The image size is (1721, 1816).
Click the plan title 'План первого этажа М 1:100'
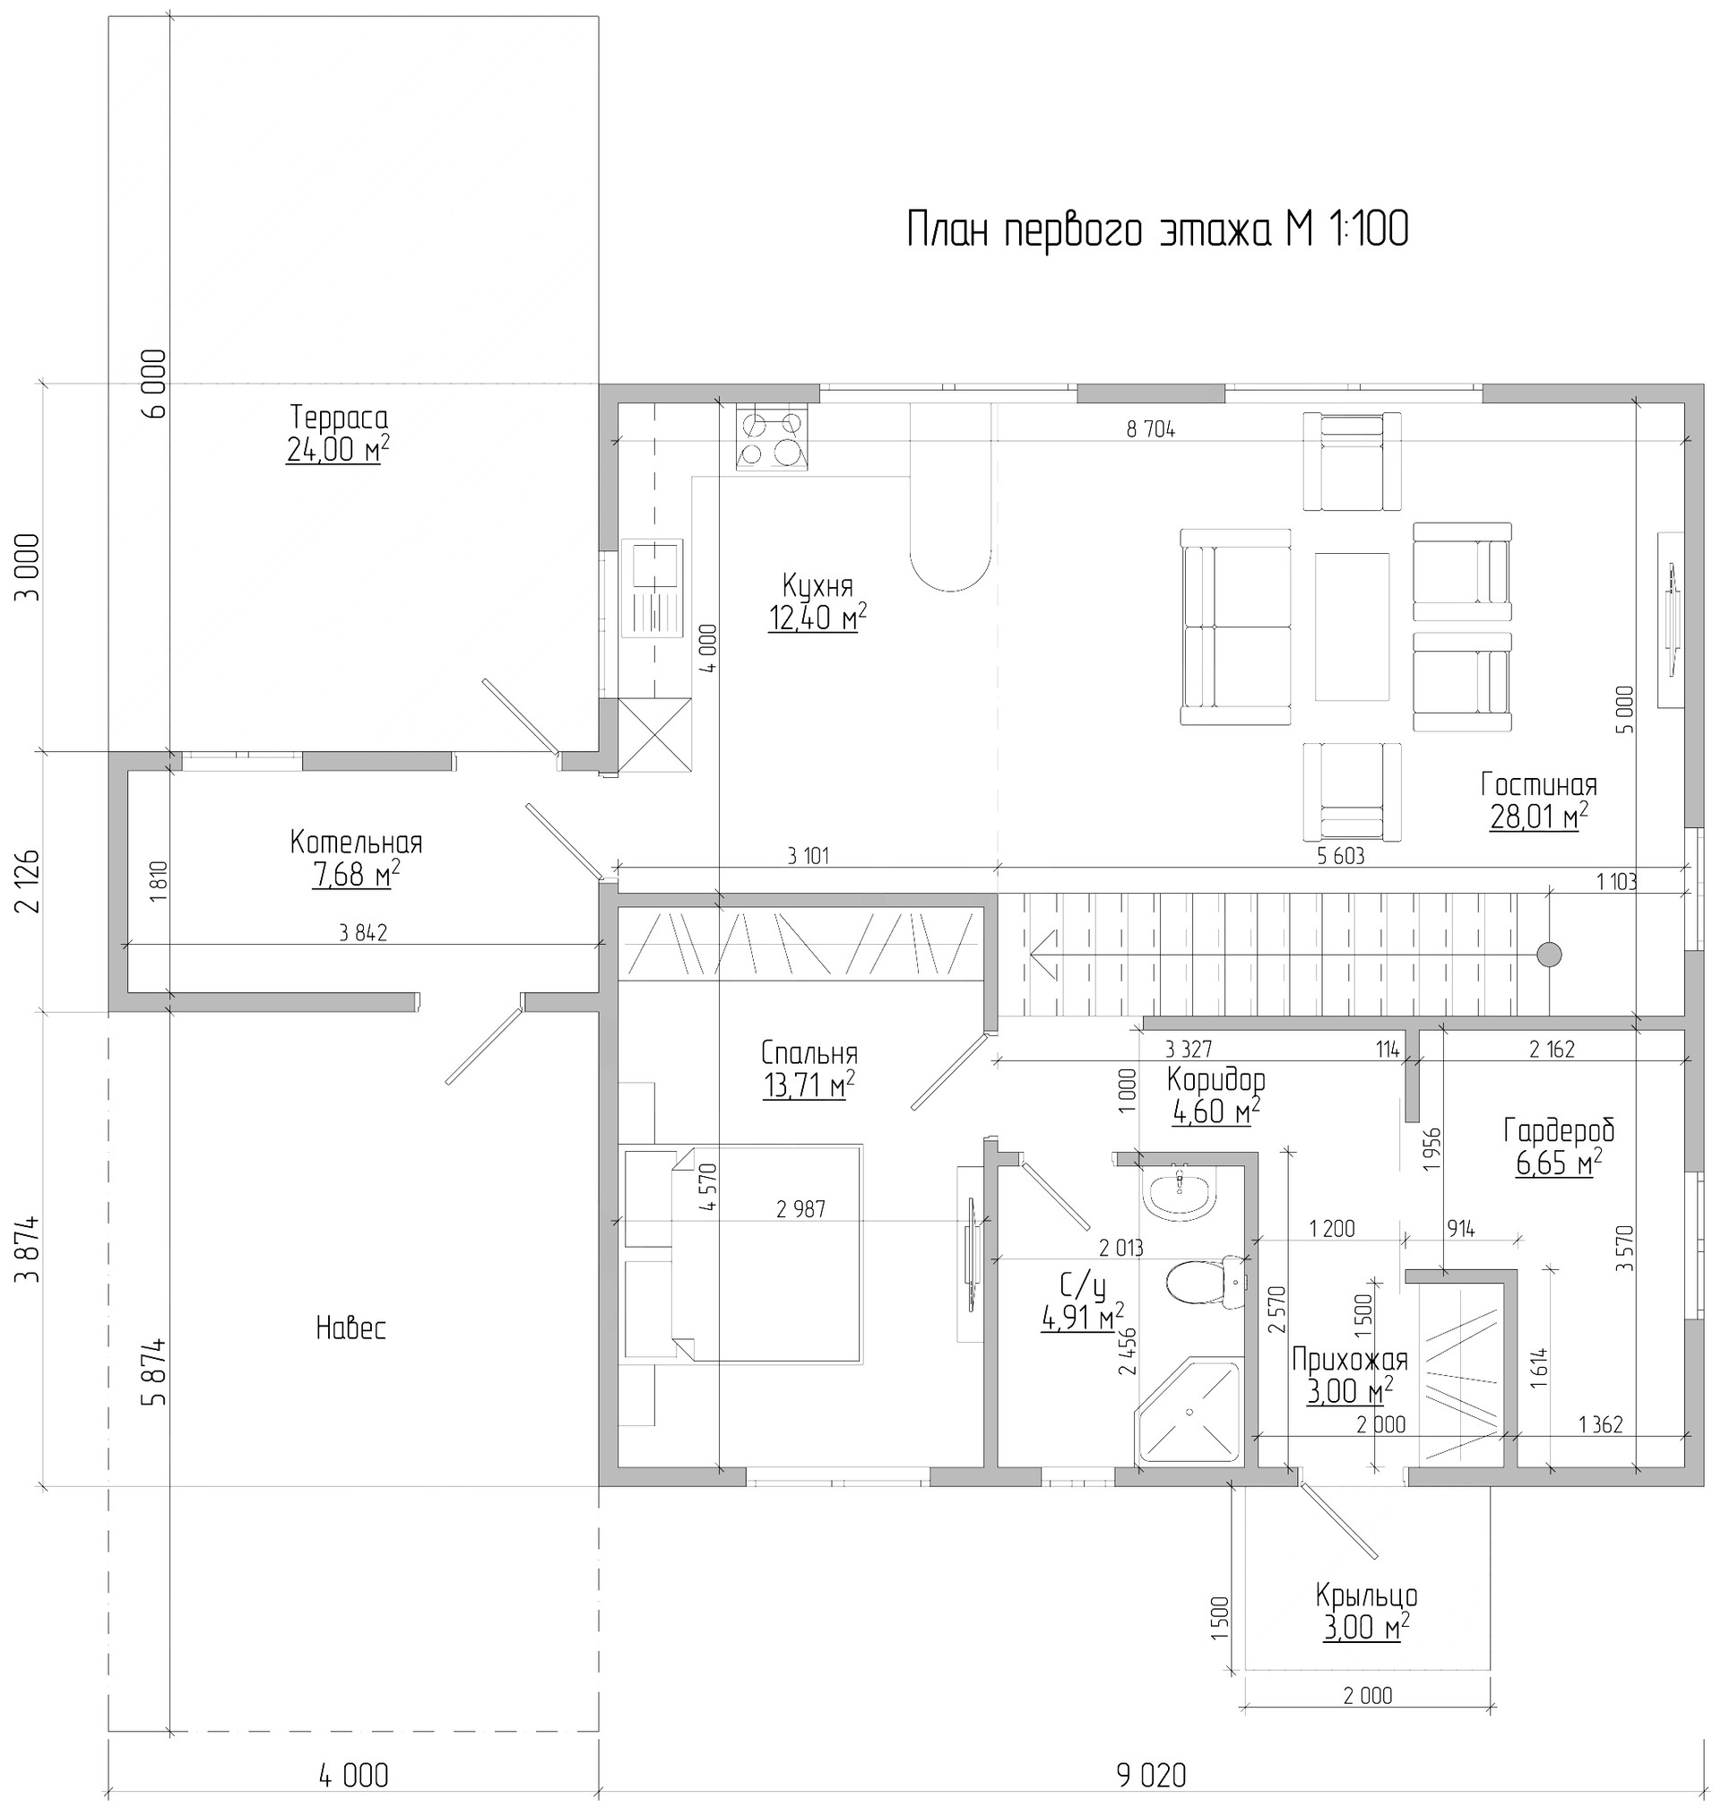(1157, 229)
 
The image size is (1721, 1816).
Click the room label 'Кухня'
(817, 584)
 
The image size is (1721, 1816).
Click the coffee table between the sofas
(1352, 626)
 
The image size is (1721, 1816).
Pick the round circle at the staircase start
(1549, 955)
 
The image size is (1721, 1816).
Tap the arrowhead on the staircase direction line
(1044, 955)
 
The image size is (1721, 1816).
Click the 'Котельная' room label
(356, 842)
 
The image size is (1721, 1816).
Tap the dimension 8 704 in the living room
(1150, 428)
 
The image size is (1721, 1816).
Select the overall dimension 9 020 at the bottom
(1151, 1776)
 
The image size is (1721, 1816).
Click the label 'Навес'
(350, 1327)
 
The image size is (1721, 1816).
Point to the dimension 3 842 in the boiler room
(363, 933)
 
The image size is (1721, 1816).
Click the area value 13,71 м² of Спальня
(809, 1085)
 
